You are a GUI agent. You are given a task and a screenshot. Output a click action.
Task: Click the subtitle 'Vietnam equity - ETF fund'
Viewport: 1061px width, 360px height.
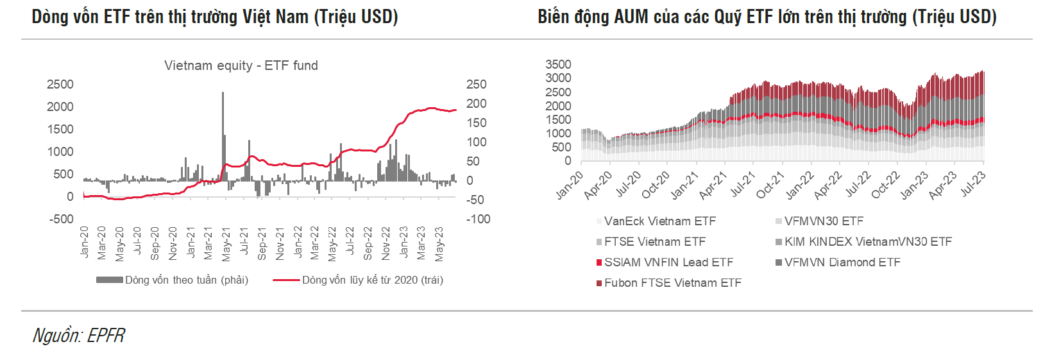[241, 65]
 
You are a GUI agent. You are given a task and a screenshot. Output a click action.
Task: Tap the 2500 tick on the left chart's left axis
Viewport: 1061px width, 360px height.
[60, 85]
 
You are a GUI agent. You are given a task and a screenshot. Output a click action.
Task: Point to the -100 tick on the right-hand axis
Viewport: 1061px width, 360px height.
[478, 219]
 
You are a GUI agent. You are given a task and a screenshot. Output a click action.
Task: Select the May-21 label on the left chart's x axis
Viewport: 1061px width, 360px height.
[226, 244]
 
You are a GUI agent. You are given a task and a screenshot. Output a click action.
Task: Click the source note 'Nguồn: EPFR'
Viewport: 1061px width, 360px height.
[79, 336]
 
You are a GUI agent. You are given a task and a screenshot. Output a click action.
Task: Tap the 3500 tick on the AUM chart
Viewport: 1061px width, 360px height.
[558, 64]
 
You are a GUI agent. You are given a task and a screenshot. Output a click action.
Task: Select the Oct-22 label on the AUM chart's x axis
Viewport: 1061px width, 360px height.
[887, 185]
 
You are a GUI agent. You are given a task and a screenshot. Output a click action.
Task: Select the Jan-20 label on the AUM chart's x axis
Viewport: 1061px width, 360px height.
[570, 185]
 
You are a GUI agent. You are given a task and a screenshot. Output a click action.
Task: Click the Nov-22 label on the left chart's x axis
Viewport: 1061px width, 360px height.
[386, 243]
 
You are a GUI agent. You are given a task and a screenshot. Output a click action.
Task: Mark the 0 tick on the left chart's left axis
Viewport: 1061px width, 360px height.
[70, 197]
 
